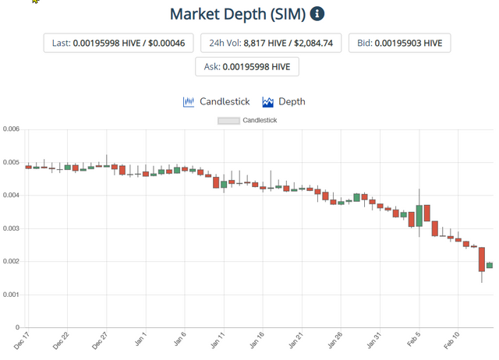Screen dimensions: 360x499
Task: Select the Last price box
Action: (118, 43)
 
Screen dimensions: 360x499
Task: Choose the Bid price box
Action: (399, 43)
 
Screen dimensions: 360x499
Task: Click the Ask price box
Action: (246, 67)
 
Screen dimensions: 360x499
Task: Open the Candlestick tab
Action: (216, 101)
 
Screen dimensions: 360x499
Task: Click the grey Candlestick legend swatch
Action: (228, 121)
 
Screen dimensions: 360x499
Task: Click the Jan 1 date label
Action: (140, 341)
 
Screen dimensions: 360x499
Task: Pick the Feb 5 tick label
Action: (414, 341)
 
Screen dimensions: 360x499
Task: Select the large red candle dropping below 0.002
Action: (482, 259)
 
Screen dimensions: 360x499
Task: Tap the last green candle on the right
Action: (490, 265)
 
